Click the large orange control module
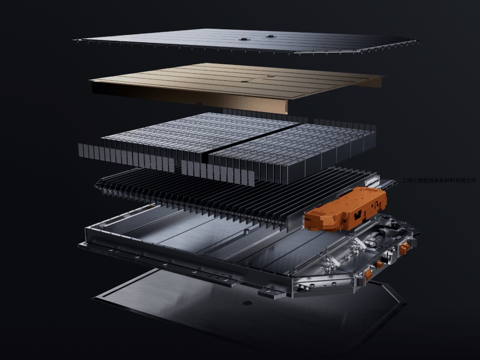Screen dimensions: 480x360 (x=345, y=210)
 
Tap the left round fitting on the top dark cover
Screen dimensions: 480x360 (x=244, y=39)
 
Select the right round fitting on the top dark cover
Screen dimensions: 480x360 (x=271, y=36)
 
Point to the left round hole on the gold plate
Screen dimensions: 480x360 (x=244, y=81)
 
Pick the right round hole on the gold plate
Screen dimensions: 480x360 (x=271, y=76)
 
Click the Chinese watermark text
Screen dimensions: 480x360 (x=439, y=180)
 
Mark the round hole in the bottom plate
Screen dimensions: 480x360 (x=248, y=303)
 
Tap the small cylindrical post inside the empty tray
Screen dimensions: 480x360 (x=245, y=232)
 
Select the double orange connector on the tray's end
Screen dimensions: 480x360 (x=404, y=248)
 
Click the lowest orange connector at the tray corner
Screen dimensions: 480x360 (x=368, y=275)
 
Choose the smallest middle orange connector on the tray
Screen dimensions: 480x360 (x=380, y=264)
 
